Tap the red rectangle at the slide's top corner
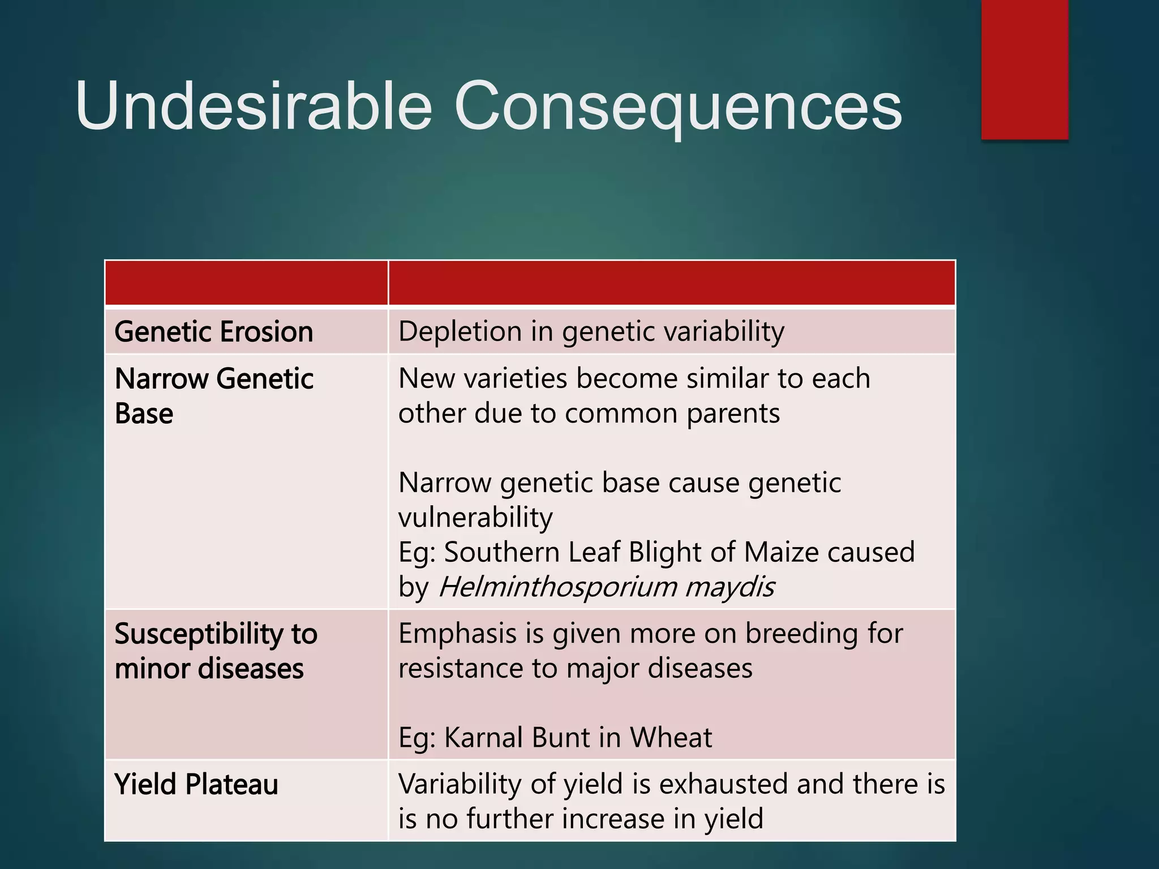click(x=1024, y=69)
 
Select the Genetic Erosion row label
click(x=213, y=332)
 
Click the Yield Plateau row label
click(x=196, y=785)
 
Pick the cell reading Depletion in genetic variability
click(x=591, y=332)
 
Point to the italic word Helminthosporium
click(x=557, y=587)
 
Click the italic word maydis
click(x=729, y=587)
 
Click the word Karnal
click(x=483, y=738)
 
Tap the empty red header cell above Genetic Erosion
click(x=246, y=283)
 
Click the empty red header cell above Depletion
click(x=671, y=283)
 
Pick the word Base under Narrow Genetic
click(x=144, y=414)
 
